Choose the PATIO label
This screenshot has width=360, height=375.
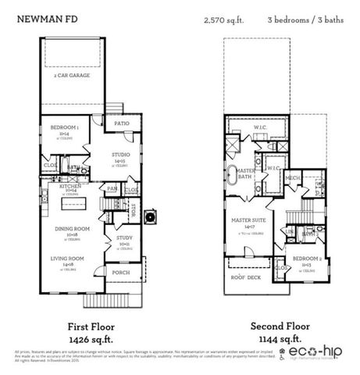coord(120,124)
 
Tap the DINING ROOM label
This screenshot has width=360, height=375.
coord(72,229)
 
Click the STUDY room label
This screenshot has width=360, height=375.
coord(123,238)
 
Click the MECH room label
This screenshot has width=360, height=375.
coord(294,178)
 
